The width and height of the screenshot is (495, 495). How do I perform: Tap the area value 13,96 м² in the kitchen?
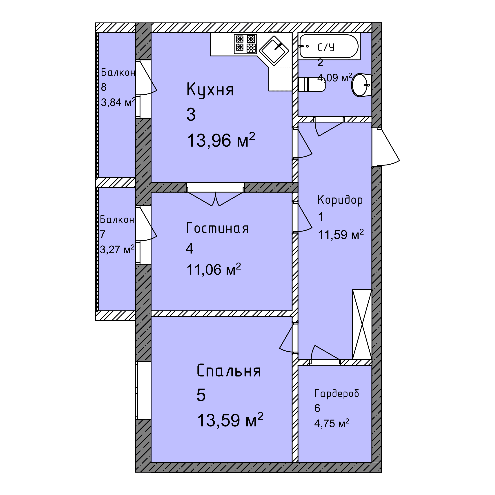(221, 140)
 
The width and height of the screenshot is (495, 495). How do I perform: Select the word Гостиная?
(217, 228)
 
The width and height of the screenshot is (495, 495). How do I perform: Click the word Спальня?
(229, 371)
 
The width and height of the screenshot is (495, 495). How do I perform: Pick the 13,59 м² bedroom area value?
(230, 420)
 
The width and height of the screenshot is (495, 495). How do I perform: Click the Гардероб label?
(337, 393)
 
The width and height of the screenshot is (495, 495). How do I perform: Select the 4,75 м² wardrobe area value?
(332, 423)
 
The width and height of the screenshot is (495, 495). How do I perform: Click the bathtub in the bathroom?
(329, 46)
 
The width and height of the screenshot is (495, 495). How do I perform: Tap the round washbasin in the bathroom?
(361, 85)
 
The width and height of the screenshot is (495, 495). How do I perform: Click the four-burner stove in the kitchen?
(245, 44)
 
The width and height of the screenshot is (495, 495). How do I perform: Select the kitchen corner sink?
(274, 51)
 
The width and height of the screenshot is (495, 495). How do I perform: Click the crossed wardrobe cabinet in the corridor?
(362, 324)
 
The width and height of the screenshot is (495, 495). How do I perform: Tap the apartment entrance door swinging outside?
(386, 147)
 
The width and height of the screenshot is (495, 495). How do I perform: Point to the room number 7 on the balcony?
(103, 234)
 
